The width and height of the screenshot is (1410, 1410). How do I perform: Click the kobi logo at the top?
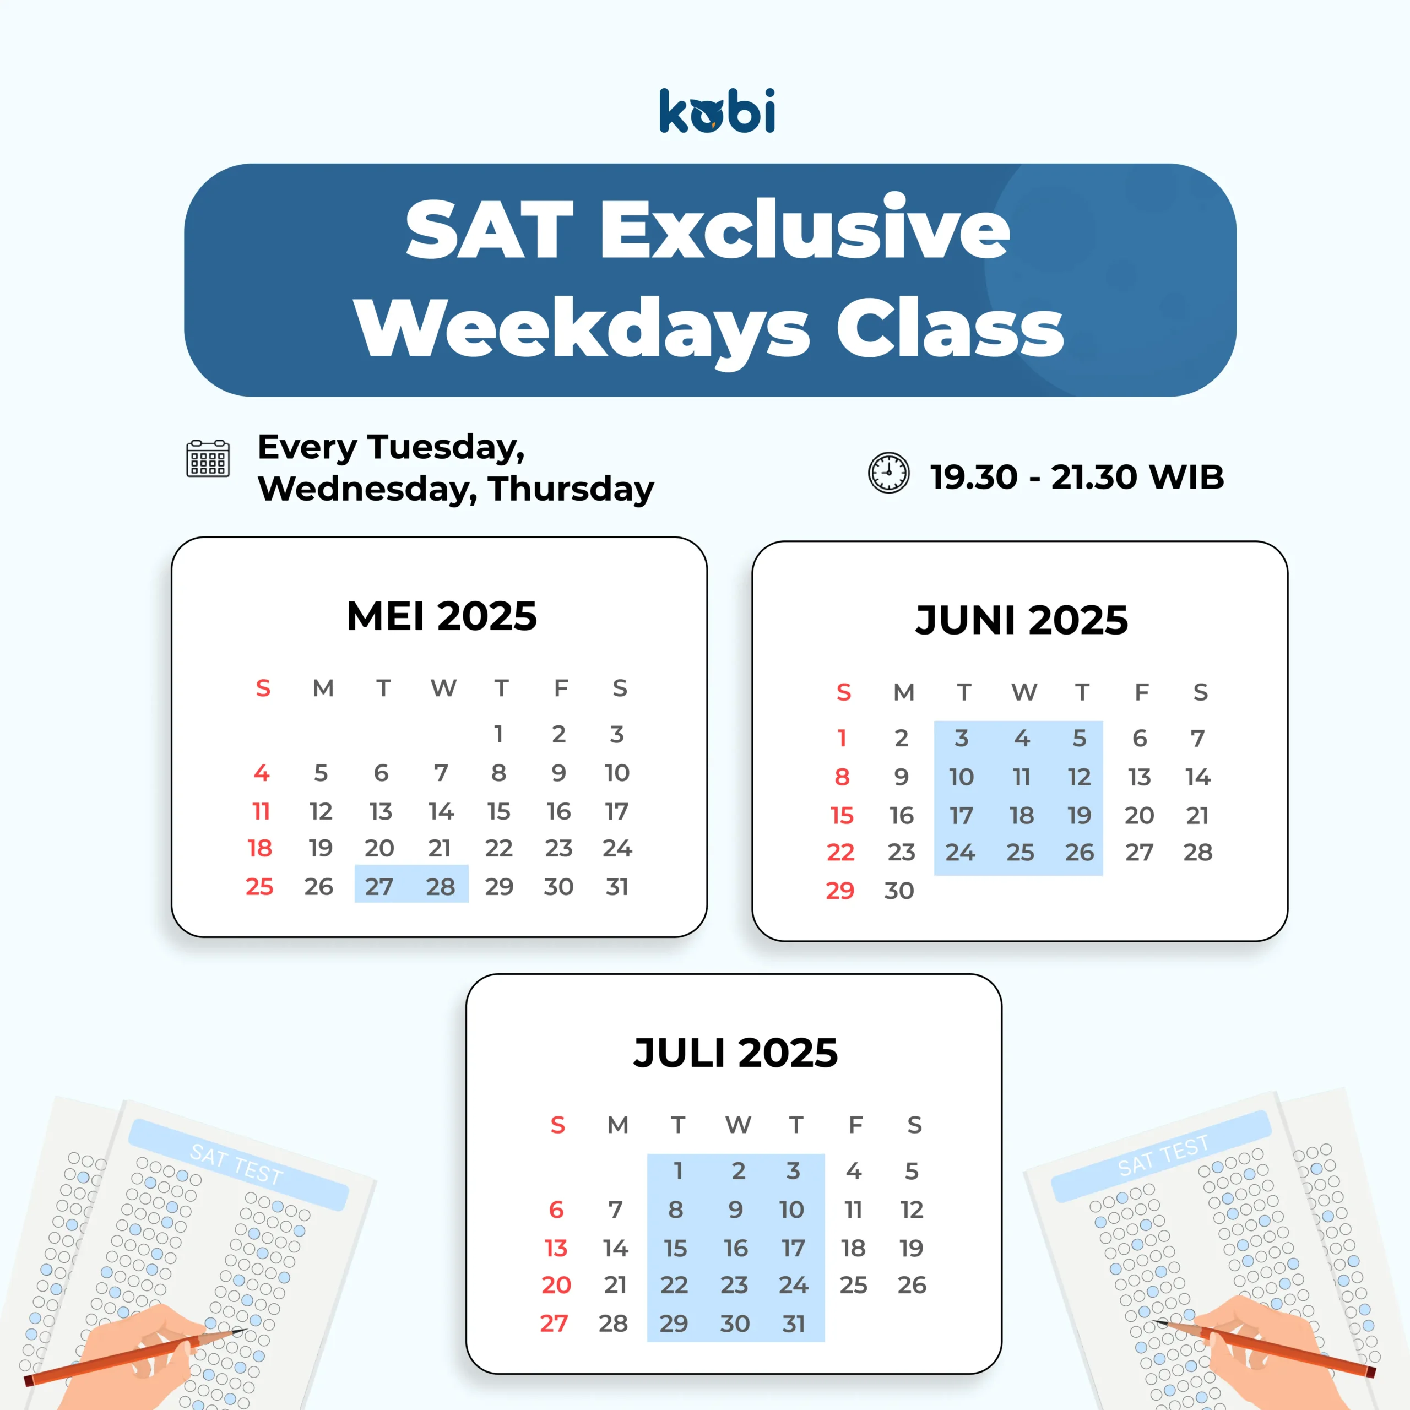[x=717, y=111]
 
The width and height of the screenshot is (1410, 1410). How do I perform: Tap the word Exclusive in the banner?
[x=806, y=229]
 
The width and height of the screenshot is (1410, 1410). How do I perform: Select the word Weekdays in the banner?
[x=582, y=328]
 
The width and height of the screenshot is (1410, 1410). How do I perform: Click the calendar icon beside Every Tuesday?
[x=208, y=458]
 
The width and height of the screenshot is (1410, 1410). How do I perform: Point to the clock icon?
[x=888, y=473]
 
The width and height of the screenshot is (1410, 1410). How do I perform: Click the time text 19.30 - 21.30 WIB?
[x=1076, y=478]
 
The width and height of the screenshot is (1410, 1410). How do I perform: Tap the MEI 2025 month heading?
[x=442, y=616]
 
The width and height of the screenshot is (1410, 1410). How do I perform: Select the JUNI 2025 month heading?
[x=1021, y=620]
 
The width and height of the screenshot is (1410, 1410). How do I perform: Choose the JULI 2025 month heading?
[x=736, y=1053]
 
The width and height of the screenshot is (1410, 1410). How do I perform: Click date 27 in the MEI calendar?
[x=379, y=887]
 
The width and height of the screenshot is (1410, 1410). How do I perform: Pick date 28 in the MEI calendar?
[x=440, y=887]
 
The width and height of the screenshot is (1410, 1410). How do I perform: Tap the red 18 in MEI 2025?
[x=260, y=848]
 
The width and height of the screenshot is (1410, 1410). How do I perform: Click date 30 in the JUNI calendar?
[x=899, y=891]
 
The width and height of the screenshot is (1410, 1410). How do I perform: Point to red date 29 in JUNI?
[x=840, y=891]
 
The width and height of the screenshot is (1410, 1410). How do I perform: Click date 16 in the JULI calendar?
[x=736, y=1248]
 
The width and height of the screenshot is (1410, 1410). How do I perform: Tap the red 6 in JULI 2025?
[x=556, y=1210]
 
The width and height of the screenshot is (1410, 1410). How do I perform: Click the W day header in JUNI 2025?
[x=1024, y=692]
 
